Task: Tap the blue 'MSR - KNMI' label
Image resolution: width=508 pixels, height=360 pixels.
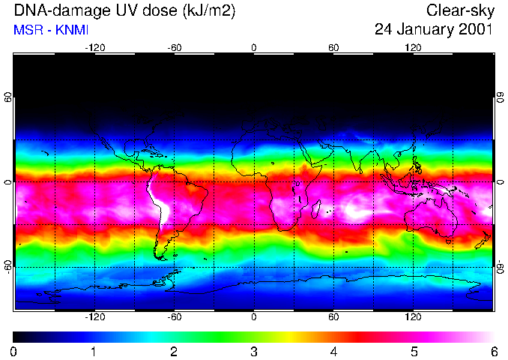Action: pos(47,30)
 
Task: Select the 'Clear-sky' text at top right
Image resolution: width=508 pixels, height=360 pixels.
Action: pos(459,11)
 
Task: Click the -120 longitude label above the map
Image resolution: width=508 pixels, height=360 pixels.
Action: pos(94,47)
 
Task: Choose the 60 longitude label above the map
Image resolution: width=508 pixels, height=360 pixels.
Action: pos(333,47)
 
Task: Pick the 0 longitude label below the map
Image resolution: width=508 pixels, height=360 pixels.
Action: pos(253,317)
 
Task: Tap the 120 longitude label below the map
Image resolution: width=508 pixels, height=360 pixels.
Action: pos(413,317)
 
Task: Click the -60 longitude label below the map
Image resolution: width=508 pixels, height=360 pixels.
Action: pos(174,317)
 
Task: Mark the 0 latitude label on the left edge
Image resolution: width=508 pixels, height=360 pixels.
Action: pos(7,182)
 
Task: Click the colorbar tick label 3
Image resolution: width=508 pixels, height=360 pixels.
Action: pos(253,351)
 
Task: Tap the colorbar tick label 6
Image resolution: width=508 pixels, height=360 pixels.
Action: pos(493,351)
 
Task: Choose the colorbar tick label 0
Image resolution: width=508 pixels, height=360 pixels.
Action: pos(14,351)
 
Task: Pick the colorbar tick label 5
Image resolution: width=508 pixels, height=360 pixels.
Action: pos(413,351)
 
